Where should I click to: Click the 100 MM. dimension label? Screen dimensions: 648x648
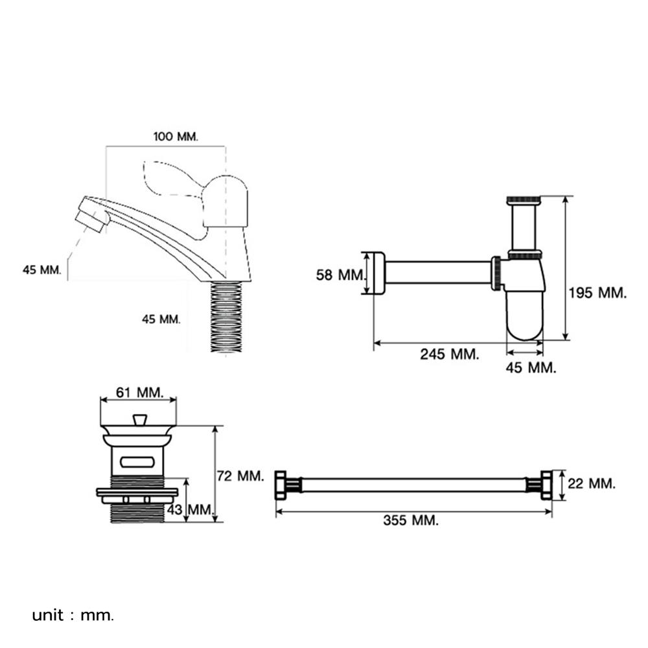(176, 137)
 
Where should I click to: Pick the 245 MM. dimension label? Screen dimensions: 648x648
(449, 354)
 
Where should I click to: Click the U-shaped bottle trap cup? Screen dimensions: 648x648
(524, 318)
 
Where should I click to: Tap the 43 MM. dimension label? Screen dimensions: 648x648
(191, 510)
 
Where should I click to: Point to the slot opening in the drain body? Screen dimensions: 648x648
(137, 461)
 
